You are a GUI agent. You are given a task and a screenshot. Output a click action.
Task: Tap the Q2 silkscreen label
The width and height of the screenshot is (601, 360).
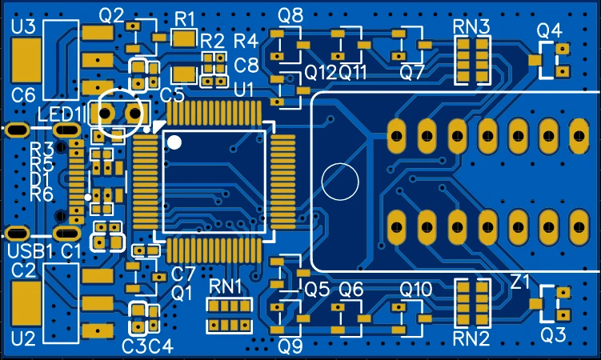pyautogui.click(x=112, y=14)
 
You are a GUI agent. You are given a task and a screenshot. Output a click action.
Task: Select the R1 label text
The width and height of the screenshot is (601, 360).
pyautogui.click(x=185, y=17)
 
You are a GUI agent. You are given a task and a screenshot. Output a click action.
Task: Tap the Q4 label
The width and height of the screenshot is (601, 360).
pyautogui.click(x=550, y=31)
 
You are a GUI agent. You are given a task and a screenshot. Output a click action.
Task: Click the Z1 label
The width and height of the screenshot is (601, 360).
pyautogui.click(x=521, y=282)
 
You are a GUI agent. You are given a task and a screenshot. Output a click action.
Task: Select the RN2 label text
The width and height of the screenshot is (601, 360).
pyautogui.click(x=471, y=338)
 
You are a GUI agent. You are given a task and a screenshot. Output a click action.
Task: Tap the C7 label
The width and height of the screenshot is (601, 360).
pyautogui.click(x=183, y=274)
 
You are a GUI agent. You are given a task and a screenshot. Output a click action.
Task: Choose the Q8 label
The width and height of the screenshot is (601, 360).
pyautogui.click(x=291, y=14)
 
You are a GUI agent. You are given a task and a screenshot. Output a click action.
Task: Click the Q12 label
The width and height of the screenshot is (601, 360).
pyautogui.click(x=320, y=72)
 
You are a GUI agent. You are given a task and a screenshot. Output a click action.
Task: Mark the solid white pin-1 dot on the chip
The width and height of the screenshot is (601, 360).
pyautogui.click(x=175, y=142)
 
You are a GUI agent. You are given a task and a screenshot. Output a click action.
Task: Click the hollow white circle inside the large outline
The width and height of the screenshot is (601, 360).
pyautogui.click(x=340, y=182)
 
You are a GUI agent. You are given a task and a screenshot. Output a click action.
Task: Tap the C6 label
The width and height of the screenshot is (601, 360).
pyautogui.click(x=23, y=96)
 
